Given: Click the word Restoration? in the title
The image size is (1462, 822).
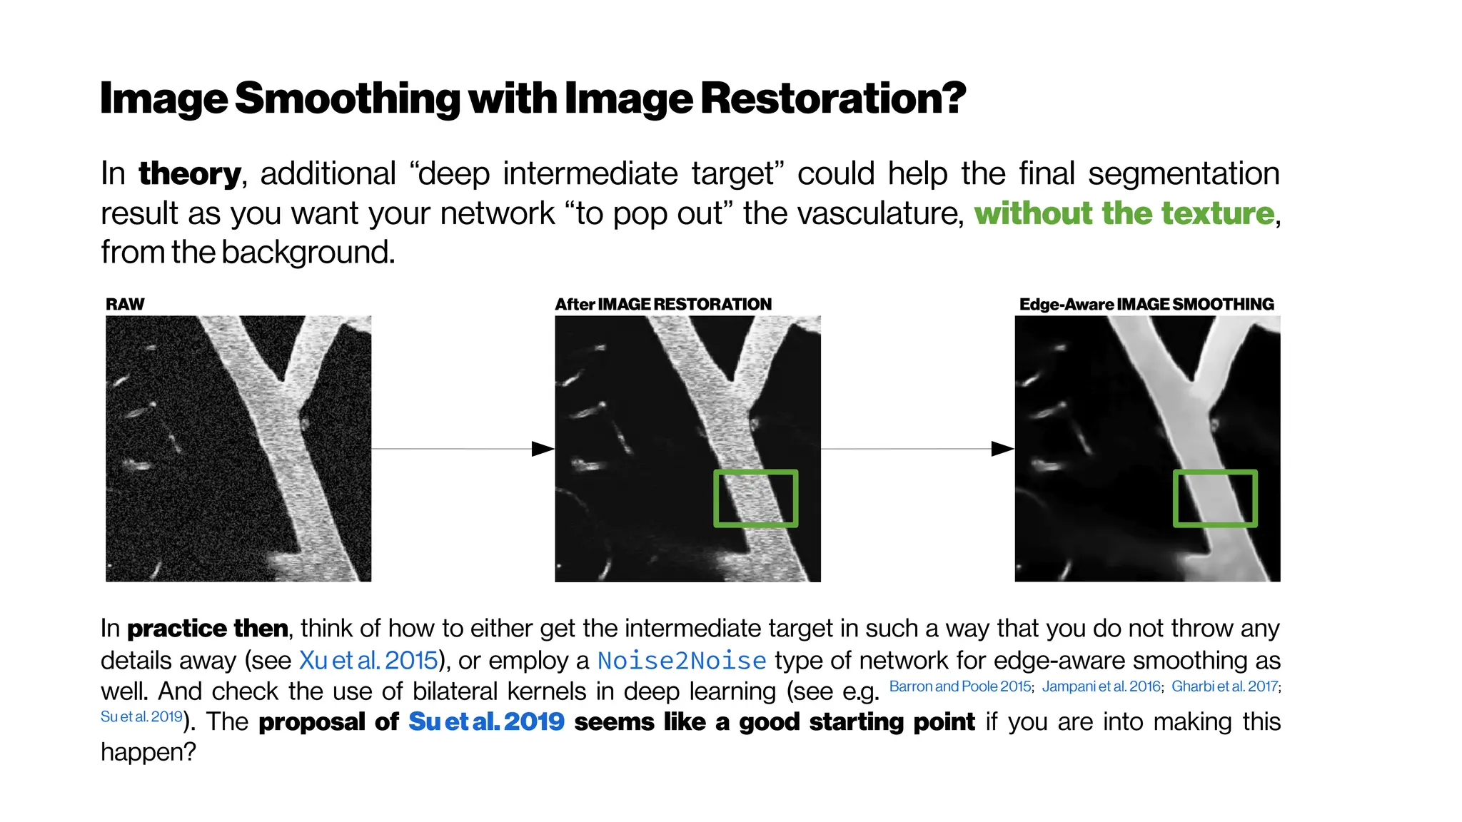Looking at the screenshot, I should (832, 98).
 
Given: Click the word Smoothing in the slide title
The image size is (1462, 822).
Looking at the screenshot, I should (348, 98).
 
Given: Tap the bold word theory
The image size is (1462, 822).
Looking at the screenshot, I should (190, 174).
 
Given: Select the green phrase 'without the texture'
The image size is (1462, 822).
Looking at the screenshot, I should (1124, 213).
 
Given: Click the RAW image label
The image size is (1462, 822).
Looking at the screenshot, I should (125, 305).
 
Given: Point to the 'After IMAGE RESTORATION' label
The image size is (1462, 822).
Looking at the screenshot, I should (663, 305).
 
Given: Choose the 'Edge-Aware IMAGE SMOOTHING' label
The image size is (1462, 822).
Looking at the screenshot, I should (1146, 305).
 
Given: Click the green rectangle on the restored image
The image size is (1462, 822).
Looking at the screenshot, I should (756, 472).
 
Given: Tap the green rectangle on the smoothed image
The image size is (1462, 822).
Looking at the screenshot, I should (1215, 472).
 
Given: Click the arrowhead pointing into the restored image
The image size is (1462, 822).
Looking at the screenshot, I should (543, 449).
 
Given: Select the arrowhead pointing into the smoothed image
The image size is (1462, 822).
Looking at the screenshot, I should (1003, 449).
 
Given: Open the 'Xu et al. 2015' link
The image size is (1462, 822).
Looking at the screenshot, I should (368, 661).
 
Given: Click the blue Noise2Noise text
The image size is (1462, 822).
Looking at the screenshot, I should (682, 661).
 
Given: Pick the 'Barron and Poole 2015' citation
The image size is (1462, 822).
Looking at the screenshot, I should (960, 686).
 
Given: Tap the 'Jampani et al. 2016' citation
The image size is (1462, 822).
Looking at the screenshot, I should (1101, 686).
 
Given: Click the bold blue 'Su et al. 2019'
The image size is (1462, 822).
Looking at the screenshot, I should (486, 721).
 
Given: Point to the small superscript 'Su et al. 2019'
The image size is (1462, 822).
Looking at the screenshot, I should (141, 716).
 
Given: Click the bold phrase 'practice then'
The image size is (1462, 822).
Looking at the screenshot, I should (207, 629).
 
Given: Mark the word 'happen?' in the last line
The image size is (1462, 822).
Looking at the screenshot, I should (148, 752).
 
